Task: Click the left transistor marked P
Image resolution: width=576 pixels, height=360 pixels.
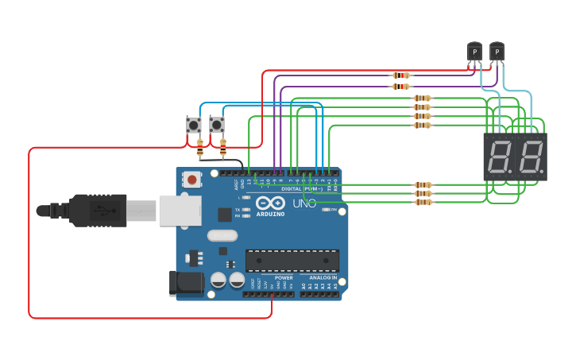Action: tap(474, 52)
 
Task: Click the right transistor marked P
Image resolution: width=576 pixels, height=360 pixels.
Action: tap(497, 52)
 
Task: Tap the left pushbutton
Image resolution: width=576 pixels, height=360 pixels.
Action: tap(194, 125)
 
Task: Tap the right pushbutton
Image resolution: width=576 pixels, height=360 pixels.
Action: tap(216, 125)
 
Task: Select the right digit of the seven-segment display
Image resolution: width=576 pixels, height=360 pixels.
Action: tap(531, 157)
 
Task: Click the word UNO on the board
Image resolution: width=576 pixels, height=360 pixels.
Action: tap(305, 203)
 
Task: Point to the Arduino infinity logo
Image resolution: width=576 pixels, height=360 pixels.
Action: tap(270, 203)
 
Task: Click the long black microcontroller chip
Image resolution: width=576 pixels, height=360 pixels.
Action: tap(292, 261)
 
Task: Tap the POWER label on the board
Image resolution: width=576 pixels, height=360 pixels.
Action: tap(284, 277)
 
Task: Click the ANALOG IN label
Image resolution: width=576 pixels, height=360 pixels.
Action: tap(323, 277)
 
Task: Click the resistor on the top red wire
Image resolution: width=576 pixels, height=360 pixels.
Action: tap(401, 75)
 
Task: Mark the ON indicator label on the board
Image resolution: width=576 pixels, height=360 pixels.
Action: tap(333, 210)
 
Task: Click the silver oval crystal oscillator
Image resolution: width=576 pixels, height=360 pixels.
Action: tap(222, 235)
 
